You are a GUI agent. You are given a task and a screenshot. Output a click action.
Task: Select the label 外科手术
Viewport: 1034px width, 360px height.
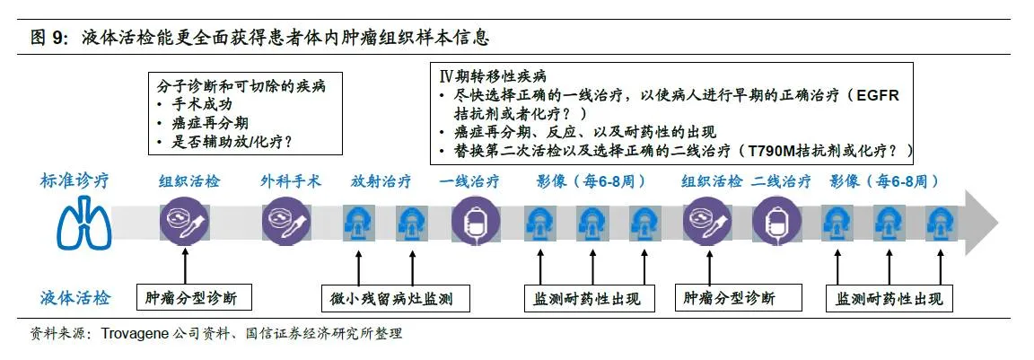click(291, 180)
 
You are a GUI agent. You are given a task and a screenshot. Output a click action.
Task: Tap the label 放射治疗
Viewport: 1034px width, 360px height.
click(381, 180)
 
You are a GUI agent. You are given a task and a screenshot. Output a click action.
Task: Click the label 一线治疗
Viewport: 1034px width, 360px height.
click(469, 180)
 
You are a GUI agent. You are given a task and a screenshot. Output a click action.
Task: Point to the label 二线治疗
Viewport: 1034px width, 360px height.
click(782, 180)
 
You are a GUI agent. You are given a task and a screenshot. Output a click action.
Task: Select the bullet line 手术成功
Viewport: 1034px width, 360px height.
click(192, 105)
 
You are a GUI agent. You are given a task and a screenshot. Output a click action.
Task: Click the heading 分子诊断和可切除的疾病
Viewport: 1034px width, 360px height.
click(241, 86)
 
